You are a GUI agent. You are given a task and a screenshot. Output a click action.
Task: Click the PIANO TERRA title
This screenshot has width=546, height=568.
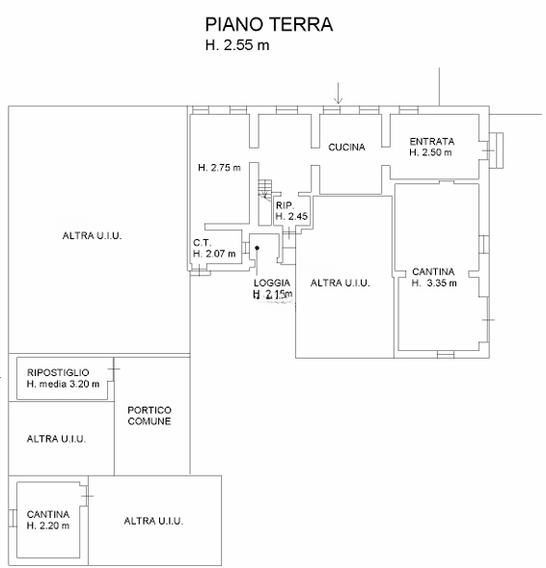pyautogui.click(x=269, y=25)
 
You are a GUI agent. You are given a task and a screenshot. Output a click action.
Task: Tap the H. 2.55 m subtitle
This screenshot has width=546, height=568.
pyautogui.click(x=237, y=45)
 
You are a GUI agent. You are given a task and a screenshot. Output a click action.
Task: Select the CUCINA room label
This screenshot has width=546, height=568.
pyautogui.click(x=346, y=148)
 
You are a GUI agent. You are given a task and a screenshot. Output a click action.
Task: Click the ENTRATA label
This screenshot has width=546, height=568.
pyautogui.click(x=432, y=141)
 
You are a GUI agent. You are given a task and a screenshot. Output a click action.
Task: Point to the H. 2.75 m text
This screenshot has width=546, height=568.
pyautogui.click(x=219, y=168)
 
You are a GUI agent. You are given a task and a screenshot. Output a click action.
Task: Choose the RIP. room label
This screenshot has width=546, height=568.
pyautogui.click(x=285, y=205)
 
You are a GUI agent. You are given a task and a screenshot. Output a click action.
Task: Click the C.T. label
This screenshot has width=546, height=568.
pyautogui.click(x=203, y=243)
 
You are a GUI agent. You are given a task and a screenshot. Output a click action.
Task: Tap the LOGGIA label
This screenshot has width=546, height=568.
pyautogui.click(x=272, y=283)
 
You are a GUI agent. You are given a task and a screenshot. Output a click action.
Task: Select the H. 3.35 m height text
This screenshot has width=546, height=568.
pyautogui.click(x=434, y=283)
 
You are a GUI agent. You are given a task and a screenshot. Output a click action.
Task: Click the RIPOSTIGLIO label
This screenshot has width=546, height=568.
pyautogui.click(x=58, y=372)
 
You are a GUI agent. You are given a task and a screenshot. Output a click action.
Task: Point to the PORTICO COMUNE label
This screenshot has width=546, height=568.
pyautogui.click(x=150, y=416)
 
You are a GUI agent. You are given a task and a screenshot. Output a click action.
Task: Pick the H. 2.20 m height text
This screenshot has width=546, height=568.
pyautogui.click(x=48, y=526)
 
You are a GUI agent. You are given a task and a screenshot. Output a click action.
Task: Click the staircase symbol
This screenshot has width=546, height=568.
pyautogui.click(x=265, y=189)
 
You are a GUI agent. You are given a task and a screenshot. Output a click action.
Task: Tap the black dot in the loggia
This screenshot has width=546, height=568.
pyautogui.click(x=257, y=248)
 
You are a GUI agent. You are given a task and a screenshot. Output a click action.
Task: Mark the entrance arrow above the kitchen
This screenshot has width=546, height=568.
pyautogui.click(x=338, y=94)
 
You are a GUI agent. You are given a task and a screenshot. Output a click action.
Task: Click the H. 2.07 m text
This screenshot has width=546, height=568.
pyautogui.click(x=214, y=254)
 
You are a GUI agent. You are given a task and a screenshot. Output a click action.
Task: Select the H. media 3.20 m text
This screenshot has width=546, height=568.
pyautogui.click(x=63, y=384)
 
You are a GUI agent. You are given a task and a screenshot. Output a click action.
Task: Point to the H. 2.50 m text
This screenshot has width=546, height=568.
pyautogui.click(x=430, y=152)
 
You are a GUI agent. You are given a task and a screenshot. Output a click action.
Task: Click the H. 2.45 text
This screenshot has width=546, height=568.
pyautogui.click(x=291, y=216)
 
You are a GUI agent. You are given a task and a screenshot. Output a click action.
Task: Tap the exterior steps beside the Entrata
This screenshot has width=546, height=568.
pyautogui.click(x=496, y=150)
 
